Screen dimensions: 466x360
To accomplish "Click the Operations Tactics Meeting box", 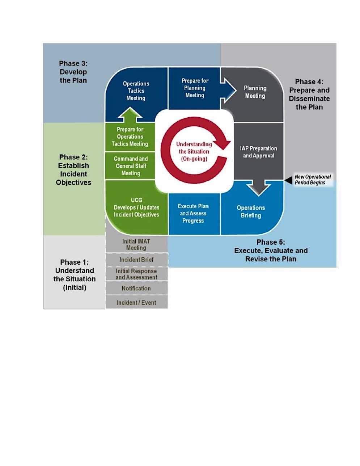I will point(136,91).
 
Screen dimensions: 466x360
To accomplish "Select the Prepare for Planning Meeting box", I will point(195,88).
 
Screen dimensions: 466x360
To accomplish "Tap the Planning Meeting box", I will point(255,92).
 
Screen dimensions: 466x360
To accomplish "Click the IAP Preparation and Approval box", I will point(258,152).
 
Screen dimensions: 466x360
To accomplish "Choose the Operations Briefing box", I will point(251,211).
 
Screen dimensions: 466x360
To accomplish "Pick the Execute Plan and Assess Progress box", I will point(193,213).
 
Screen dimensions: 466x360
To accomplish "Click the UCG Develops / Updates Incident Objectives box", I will point(136,207).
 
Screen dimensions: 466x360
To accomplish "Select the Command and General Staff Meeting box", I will point(131,166).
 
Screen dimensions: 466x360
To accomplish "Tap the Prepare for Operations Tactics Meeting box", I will point(130,137).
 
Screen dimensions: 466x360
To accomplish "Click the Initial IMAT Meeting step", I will point(136,244).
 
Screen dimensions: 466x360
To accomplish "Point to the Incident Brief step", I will point(136,260).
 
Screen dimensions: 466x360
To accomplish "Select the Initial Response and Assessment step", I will point(136,274).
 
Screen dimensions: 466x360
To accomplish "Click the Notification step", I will point(136,288).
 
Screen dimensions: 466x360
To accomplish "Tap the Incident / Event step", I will point(136,303).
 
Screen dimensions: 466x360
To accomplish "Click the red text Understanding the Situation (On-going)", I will point(194,151).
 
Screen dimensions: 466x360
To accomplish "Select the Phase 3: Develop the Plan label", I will point(73,72).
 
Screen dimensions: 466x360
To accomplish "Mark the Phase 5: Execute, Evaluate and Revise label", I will point(271,251).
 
